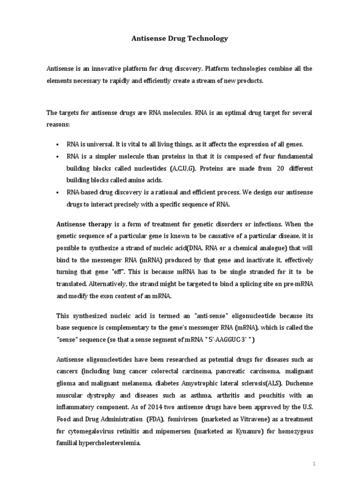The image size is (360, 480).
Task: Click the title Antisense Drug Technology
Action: tap(180, 38)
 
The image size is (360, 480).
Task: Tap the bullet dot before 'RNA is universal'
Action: tap(57, 144)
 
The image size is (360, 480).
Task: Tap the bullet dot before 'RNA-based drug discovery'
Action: tap(57, 193)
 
